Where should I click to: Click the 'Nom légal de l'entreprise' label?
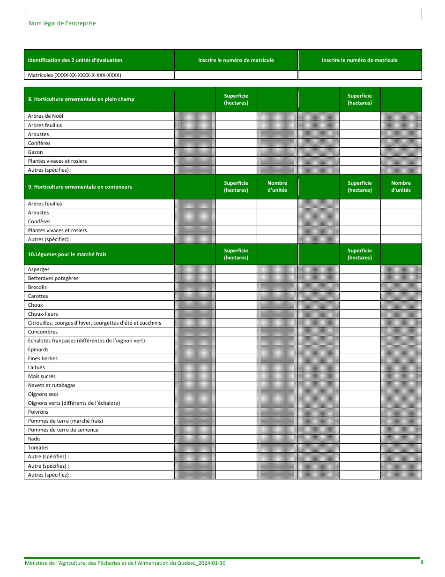point(62,23)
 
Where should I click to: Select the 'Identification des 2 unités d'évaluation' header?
point(75,60)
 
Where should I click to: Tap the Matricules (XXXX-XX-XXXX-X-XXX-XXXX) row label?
point(74,75)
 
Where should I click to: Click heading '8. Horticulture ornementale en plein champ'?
point(81,99)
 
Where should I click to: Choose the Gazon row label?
point(36,152)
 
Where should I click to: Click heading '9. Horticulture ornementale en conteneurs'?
point(80,187)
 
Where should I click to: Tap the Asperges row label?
point(38,269)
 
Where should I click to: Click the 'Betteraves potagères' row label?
point(53,278)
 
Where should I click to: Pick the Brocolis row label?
point(37,287)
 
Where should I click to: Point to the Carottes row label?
point(38,296)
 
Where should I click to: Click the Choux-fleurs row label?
point(43,314)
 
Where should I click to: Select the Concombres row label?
point(43,332)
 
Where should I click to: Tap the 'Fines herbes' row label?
point(43,358)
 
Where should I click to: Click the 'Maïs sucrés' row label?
point(42,376)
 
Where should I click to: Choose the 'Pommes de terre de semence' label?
point(63,430)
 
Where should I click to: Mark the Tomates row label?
point(38,448)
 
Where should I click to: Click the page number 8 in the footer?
point(422,562)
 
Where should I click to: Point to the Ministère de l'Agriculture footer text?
point(125,563)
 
